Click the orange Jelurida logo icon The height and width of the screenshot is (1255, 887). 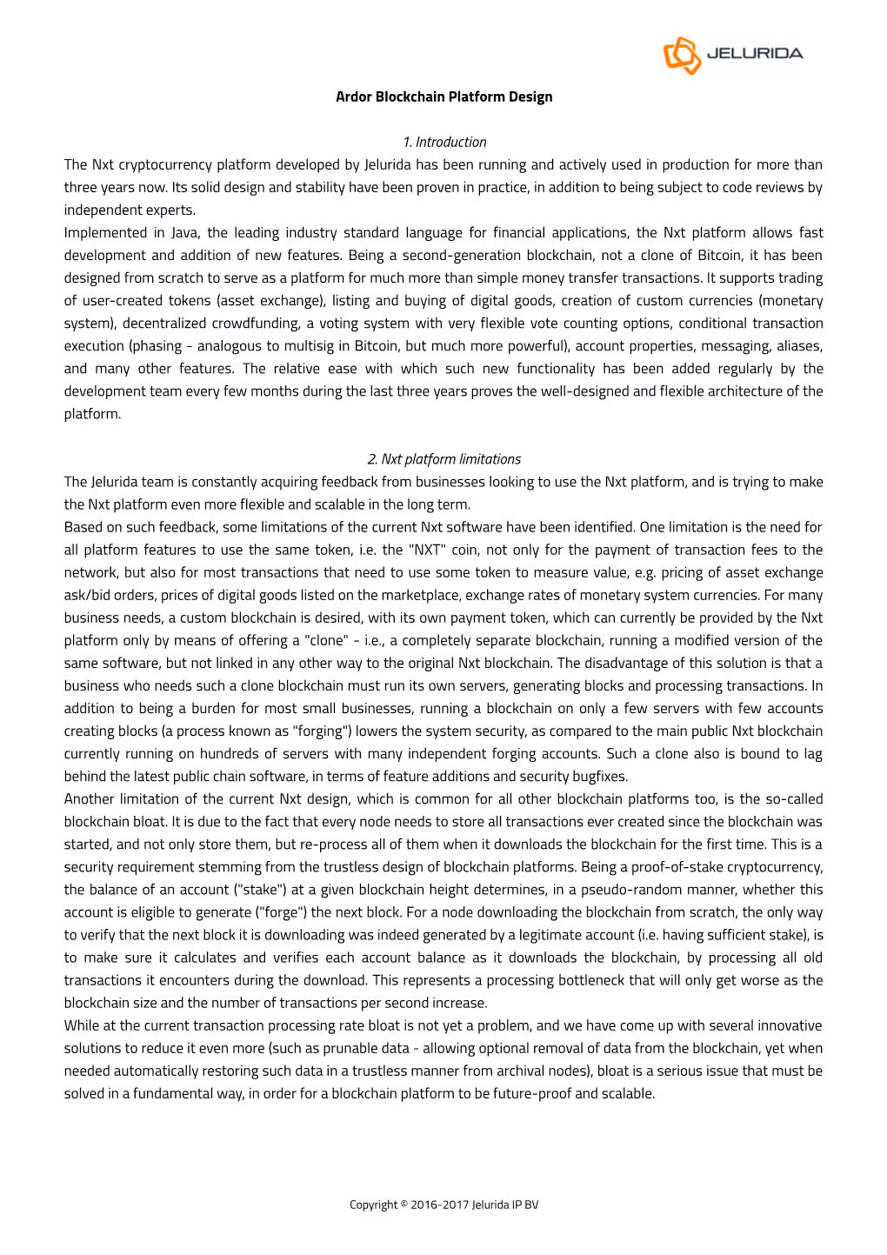682,55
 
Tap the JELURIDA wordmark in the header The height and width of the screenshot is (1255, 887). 754,54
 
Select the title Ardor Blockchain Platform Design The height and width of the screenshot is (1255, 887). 443,97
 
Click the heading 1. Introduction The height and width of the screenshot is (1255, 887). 444,142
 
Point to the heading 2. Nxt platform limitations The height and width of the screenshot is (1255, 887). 443,459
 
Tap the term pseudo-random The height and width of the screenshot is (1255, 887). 628,889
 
